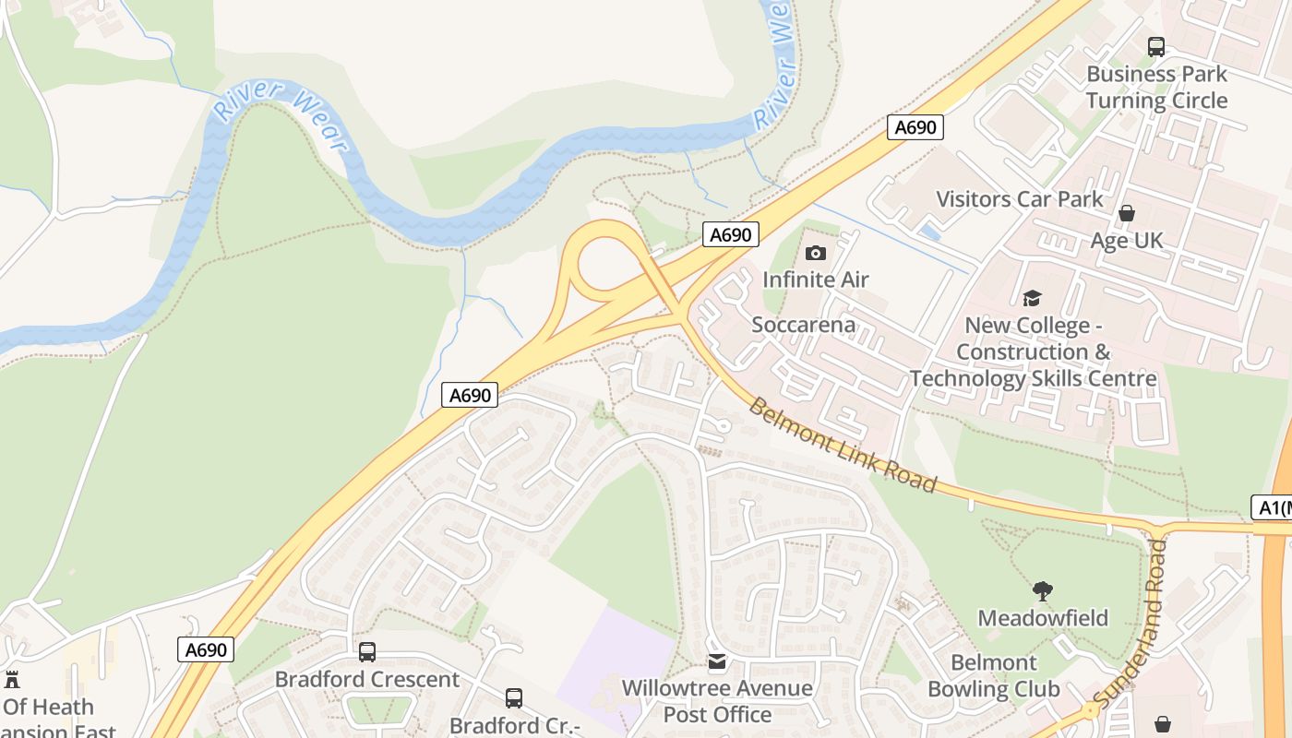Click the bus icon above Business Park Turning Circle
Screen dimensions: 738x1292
1156,46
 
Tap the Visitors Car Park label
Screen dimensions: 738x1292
1020,198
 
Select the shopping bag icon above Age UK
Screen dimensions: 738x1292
1126,213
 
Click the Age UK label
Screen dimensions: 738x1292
1127,241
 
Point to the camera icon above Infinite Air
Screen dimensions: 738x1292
816,253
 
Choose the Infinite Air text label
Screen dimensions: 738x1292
816,279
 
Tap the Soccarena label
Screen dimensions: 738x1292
803,325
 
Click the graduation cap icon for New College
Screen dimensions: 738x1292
1032,298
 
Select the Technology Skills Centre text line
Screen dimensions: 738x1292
1034,378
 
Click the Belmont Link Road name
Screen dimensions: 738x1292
843,445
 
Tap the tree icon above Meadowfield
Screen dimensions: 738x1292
1043,590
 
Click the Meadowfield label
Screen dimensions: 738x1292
1043,617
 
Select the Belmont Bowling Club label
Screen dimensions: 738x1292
994,675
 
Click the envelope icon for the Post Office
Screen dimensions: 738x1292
717,661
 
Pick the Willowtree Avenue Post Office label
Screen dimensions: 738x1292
717,701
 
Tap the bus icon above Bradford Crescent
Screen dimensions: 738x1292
367,652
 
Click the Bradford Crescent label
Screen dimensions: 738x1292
367,679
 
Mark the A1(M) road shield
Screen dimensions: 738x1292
1272,506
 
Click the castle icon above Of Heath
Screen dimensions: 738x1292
12,680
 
